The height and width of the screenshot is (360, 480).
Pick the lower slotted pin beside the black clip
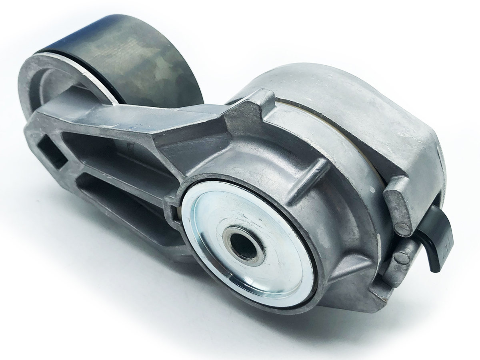pos(402,258)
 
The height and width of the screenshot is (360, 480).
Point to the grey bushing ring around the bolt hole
pos(232,240)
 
